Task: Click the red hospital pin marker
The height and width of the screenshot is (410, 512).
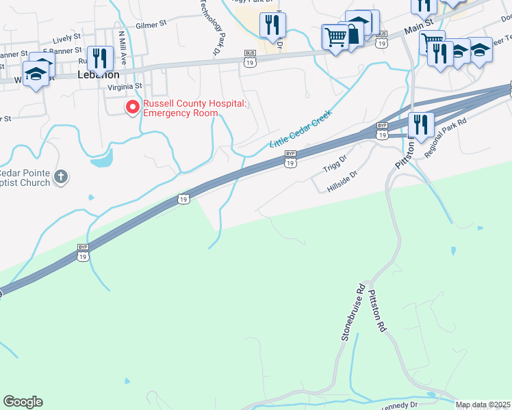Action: pyautogui.click(x=131, y=107)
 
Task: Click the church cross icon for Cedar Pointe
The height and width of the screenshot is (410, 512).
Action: pyautogui.click(x=61, y=177)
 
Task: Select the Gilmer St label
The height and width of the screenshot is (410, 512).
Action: pyautogui.click(x=151, y=24)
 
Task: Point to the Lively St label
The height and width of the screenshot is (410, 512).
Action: pyautogui.click(x=66, y=39)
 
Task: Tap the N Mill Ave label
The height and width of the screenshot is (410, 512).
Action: pyautogui.click(x=123, y=45)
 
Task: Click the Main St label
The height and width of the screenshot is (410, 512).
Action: pyautogui.click(x=415, y=29)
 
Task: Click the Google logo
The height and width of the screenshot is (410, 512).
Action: pyautogui.click(x=23, y=402)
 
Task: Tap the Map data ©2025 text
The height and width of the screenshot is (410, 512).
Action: pyautogui.click(x=483, y=405)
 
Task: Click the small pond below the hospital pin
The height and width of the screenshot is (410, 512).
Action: pyautogui.click(x=101, y=159)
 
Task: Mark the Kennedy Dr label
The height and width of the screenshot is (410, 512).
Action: pyautogui.click(x=398, y=405)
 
